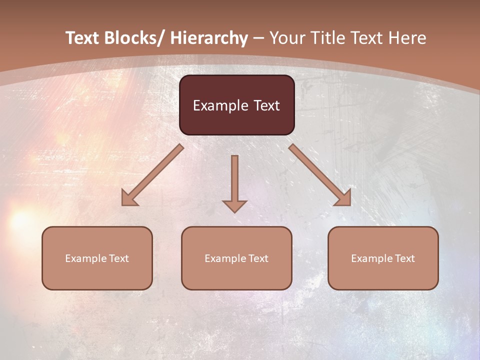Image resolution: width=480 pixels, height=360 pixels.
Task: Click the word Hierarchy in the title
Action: [209, 38]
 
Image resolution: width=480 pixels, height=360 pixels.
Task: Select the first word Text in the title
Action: [82, 38]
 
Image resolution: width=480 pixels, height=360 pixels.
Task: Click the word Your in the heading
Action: [286, 38]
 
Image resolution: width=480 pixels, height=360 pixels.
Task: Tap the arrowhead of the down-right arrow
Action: [344, 199]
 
